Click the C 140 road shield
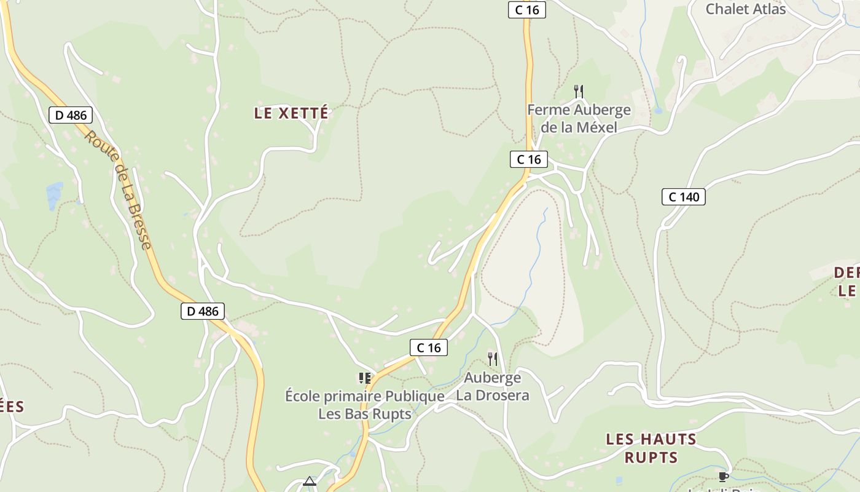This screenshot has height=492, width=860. (683, 197)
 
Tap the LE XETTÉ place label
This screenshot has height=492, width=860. (291, 113)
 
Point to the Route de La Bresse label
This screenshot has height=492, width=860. (118, 189)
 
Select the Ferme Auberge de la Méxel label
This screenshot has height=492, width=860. (579, 119)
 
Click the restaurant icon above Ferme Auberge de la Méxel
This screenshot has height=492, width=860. (578, 92)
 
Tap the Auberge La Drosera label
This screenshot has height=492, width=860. (492, 386)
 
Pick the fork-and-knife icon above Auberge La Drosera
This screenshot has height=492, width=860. (492, 359)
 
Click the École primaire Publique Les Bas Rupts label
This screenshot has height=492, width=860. (365, 405)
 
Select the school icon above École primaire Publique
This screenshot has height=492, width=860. (365, 378)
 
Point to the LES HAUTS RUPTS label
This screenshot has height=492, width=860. (651, 448)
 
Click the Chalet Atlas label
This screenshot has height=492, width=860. (745, 9)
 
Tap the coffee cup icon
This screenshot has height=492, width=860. (723, 477)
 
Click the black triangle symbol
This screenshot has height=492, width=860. (310, 481)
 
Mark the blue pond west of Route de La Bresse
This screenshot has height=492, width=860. (55, 195)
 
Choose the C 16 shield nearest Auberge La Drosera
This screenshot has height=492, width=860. (429, 347)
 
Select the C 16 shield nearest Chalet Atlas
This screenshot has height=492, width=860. (527, 10)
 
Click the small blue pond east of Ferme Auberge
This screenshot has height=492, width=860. (658, 111)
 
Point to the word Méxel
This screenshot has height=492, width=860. (595, 127)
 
